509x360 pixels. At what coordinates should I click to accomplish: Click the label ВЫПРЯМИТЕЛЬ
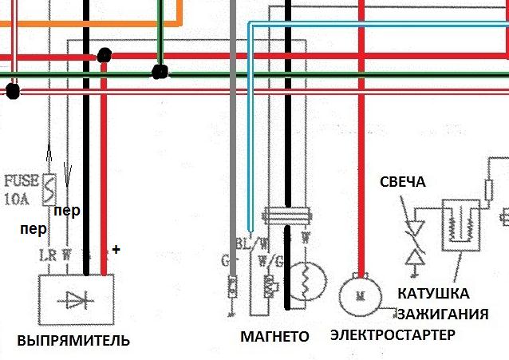(66, 341)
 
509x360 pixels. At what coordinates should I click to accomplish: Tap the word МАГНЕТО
(274, 337)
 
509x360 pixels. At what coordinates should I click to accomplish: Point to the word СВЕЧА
(403, 182)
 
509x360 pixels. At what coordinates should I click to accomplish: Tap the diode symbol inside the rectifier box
(77, 299)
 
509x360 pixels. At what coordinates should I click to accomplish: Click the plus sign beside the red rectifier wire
(116, 250)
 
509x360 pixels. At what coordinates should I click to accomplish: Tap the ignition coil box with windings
(460, 224)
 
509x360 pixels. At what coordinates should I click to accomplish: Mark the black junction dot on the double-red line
(12, 91)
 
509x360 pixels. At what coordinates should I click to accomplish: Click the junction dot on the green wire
(160, 73)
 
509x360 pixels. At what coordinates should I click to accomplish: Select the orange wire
(96, 24)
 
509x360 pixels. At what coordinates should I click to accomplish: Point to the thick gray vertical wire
(232, 120)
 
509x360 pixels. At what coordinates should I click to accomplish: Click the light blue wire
(250, 120)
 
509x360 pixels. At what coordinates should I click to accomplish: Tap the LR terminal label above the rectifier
(46, 255)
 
